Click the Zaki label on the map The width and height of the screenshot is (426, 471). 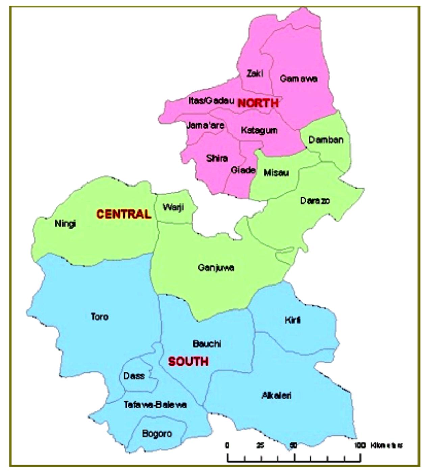pos(255,73)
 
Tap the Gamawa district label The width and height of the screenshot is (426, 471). pos(298,79)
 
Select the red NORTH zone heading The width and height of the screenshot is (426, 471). pos(258,103)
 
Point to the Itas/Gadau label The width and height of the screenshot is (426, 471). pos(211,101)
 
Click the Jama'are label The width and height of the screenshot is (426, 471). pos(205,126)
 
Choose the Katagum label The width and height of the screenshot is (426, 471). pos(259,130)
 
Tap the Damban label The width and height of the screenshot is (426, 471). pos(326,140)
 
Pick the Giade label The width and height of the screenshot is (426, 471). pos(243,170)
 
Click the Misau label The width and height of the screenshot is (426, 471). pos(276,173)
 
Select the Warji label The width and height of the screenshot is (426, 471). pos(173,207)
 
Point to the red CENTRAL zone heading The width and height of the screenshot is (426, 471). pos(124,214)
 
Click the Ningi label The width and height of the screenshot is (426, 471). pos(65,224)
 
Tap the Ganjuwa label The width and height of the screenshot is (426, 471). pos(216,268)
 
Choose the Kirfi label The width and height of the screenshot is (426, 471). pos(293,320)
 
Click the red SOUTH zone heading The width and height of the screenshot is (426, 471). pos(188,362)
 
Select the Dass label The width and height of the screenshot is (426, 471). pos(134,376)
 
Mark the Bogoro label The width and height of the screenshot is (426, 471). pos(157,433)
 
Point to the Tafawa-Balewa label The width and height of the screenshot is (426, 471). pos(155,405)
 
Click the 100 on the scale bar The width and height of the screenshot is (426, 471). pos(360,445)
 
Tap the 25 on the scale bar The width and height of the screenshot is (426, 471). pos(260,445)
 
